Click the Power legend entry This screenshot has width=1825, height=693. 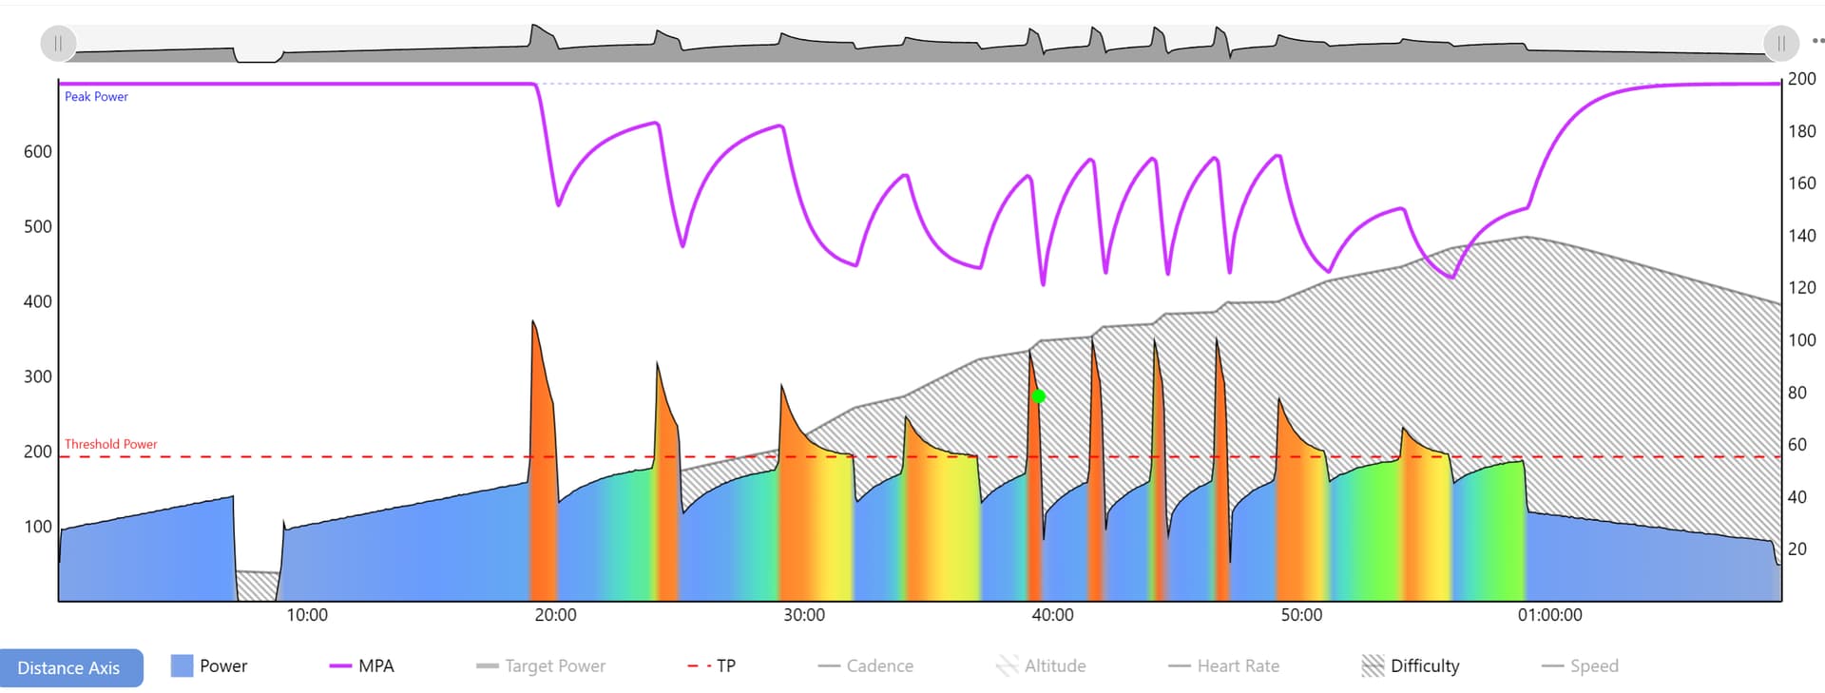click(x=209, y=666)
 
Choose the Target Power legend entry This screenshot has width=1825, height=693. click(x=541, y=666)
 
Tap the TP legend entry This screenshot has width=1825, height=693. click(x=712, y=666)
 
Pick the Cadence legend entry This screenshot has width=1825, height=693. click(x=866, y=666)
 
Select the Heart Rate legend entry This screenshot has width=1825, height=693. click(x=1224, y=666)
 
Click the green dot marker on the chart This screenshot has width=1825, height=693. click(x=1039, y=396)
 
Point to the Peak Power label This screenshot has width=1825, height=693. click(x=96, y=97)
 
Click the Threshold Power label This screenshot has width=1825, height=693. click(x=110, y=444)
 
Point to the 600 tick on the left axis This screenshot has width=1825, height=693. click(x=38, y=152)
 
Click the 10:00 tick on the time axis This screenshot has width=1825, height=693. click(x=307, y=615)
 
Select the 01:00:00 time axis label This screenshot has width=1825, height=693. click(x=1549, y=615)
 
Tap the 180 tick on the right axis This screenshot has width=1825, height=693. click(x=1801, y=131)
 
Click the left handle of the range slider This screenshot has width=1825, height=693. click(x=58, y=44)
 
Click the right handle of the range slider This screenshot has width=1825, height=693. click(x=1780, y=44)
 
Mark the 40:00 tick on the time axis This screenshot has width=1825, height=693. click(x=1052, y=615)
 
